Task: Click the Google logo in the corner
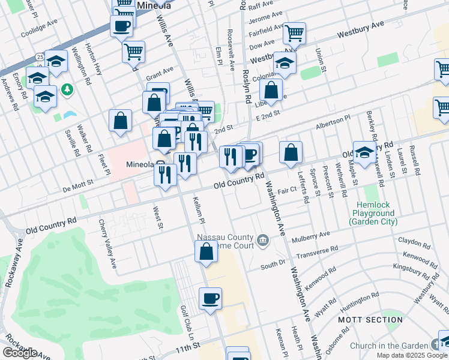[20, 353]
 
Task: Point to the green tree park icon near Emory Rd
[67, 90]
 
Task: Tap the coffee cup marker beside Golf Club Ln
[210, 299]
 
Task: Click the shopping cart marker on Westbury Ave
[294, 34]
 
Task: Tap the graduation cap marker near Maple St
[364, 153]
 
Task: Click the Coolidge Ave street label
[39, 34]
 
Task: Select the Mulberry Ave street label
[311, 236]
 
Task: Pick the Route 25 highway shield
[40, 56]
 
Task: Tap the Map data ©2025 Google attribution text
[411, 355]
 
